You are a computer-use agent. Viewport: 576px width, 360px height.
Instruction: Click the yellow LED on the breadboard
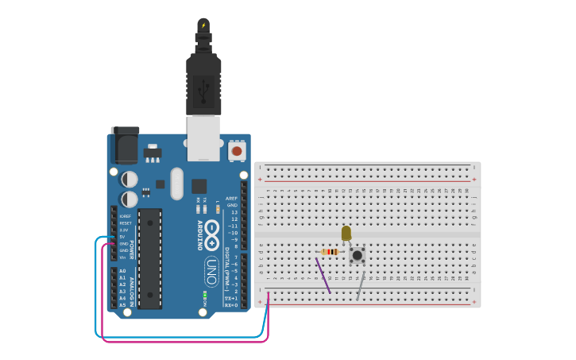pos(346,233)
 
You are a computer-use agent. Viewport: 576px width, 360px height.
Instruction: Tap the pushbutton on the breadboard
pos(358,255)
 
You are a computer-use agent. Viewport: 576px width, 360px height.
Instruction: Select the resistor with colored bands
pos(330,252)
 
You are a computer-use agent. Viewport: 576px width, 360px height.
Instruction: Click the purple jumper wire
pos(323,275)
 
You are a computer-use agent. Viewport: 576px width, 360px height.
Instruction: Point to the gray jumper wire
pos(361,285)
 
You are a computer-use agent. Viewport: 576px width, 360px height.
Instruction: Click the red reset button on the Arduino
pos(236,150)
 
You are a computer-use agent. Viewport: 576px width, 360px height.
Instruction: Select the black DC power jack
pos(125,145)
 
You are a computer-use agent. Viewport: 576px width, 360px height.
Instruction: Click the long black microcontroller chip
pos(149,258)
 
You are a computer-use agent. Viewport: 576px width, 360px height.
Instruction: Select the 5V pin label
pos(123,237)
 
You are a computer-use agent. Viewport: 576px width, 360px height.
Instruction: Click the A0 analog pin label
pos(122,271)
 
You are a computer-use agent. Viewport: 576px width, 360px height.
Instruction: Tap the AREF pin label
pos(231,199)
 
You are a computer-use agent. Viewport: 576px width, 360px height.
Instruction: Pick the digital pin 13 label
pos(234,212)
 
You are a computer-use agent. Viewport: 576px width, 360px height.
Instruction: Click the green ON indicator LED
pos(204,296)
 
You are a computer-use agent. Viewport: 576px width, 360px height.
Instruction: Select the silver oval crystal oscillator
pos(176,183)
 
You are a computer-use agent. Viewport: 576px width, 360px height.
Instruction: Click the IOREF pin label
pos(125,216)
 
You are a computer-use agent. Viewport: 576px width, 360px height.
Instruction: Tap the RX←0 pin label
pos(230,305)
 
